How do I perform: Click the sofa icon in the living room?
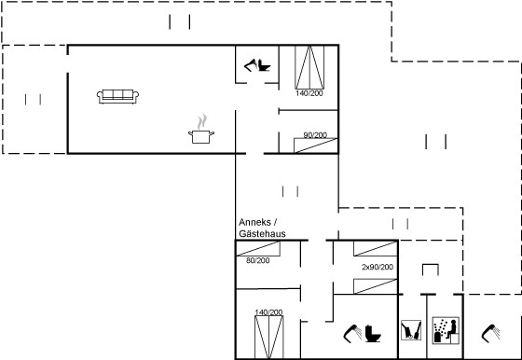pos(117,97)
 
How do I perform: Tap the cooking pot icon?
pos(201,136)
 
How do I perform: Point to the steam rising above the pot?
pos(201,121)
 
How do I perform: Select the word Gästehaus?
pos(262,234)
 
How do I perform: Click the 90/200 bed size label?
pos(315,135)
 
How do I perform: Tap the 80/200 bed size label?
pos(257,260)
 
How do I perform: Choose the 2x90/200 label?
pos(378,267)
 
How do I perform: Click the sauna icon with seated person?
pos(446,330)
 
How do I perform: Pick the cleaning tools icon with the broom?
pos(411,330)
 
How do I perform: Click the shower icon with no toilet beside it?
pos(490,333)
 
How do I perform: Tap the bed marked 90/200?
pos(316,145)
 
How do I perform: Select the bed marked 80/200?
pos(258,248)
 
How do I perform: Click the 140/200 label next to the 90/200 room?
pos(309,93)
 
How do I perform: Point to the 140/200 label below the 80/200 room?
pos(268,312)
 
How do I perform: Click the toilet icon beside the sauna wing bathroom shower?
pos(373,333)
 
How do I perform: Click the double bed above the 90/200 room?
pos(309,67)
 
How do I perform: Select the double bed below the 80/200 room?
pos(269,337)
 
